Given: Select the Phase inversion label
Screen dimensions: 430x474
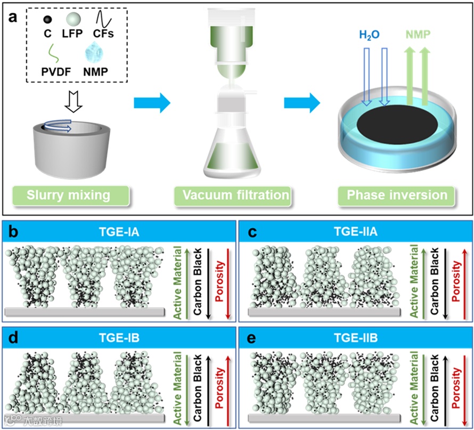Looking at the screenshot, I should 397,195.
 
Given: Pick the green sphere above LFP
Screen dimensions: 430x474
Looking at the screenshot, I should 73,21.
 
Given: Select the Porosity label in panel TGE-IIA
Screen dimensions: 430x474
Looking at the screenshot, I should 455,281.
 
